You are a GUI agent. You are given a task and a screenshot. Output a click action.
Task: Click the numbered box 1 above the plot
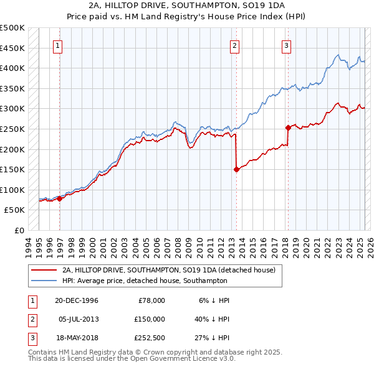pos(57,45)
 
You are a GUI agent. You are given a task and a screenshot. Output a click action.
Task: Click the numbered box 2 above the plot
pos(234,45)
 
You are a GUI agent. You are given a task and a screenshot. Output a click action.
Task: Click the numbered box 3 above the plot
pos(286,45)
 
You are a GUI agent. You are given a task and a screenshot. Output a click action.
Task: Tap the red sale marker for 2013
pos(236,169)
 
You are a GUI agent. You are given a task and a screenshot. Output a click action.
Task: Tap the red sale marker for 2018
pos(288,128)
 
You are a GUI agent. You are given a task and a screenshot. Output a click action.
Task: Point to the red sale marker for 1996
pos(60,198)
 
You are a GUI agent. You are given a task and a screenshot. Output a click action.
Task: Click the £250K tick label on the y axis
pos(12,129)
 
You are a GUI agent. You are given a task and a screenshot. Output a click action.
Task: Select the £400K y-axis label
pos(12,68)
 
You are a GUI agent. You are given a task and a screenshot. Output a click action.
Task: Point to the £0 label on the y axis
pos(19,230)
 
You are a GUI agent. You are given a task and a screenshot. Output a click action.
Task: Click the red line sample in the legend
pos(44,270)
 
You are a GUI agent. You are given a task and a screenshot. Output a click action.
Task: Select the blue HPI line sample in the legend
pos(44,281)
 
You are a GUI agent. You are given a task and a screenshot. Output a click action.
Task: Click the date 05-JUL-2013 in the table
pos(79,318)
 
